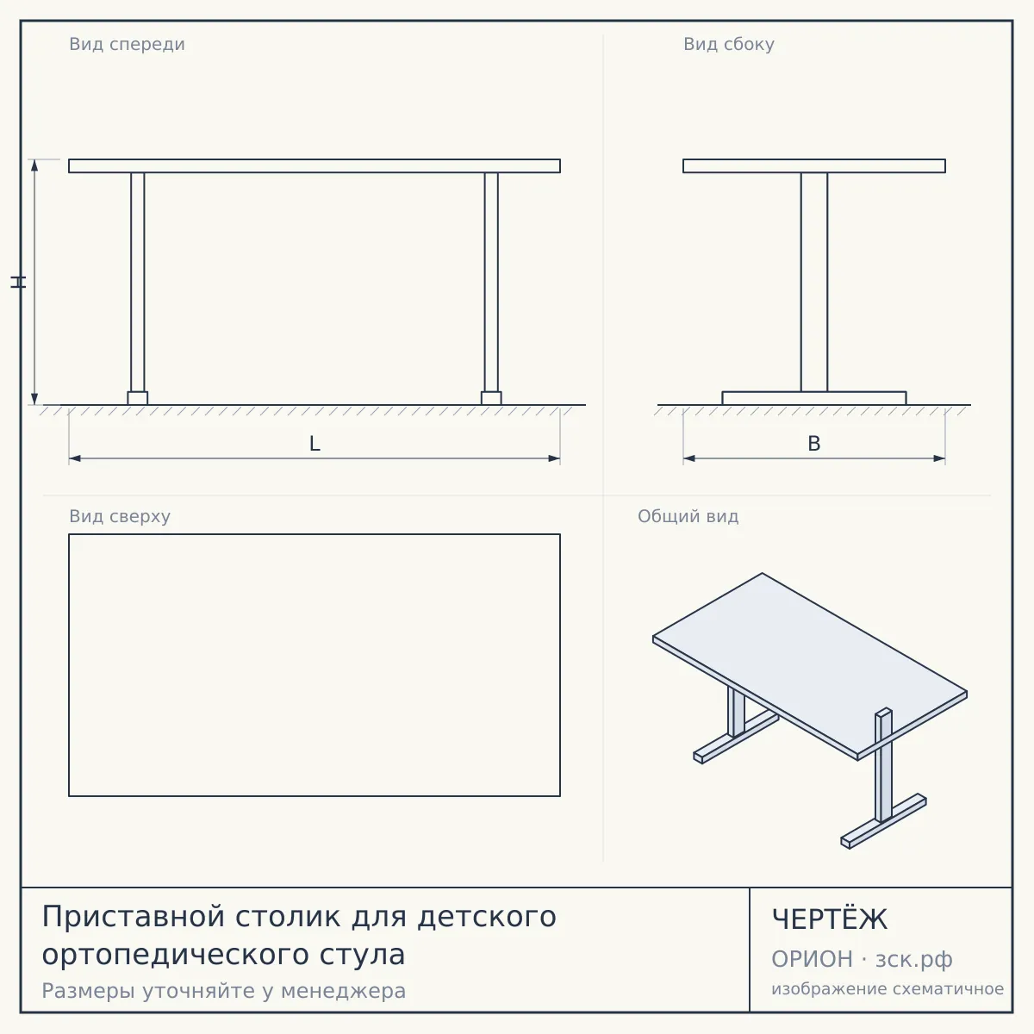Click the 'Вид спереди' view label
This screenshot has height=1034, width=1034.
pyautogui.click(x=127, y=45)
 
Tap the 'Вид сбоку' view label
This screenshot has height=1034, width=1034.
pyautogui.click(x=729, y=45)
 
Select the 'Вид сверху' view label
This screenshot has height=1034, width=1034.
pyautogui.click(x=120, y=517)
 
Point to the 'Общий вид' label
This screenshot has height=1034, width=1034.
pyautogui.click(x=688, y=517)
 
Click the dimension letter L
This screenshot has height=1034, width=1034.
pyautogui.click(x=315, y=444)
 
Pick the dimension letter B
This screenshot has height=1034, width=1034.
pyautogui.click(x=814, y=444)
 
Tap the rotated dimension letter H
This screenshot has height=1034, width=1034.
pyautogui.click(x=18, y=283)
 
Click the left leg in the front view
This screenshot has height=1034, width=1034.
pyautogui.click(x=137, y=283)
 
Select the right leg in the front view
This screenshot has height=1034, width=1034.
pyautogui.click(x=491, y=283)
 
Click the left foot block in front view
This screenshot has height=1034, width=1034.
pyautogui.click(x=137, y=398)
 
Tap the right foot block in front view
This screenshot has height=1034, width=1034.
pyautogui.click(x=491, y=398)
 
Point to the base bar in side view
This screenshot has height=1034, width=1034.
pyautogui.click(x=814, y=398)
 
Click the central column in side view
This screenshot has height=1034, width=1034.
pyautogui.click(x=814, y=283)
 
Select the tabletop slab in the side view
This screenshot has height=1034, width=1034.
pyautogui.click(x=814, y=165)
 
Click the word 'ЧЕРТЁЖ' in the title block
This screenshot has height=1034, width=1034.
pyautogui.click(x=830, y=919)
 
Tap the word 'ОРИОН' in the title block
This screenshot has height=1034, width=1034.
pyautogui.click(x=812, y=959)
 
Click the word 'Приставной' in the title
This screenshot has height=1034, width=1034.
pyautogui.click(x=133, y=917)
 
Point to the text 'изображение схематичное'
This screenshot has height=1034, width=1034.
pyautogui.click(x=888, y=988)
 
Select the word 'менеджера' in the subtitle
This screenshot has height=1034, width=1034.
pyautogui.click(x=344, y=991)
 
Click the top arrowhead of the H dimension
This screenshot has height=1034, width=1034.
pyautogui.click(x=34, y=165)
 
